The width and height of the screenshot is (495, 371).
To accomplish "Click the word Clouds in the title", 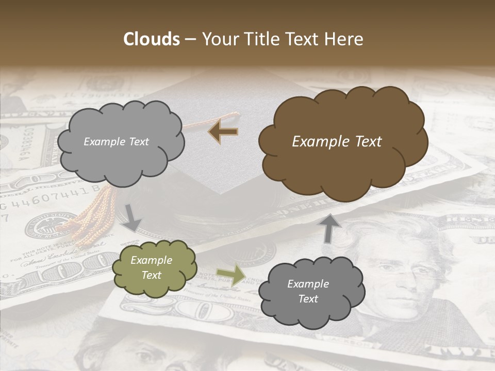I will pos(151,39).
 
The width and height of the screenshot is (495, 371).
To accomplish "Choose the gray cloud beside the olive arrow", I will pos(311,292).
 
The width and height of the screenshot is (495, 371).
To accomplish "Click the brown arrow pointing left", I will pos(223,131).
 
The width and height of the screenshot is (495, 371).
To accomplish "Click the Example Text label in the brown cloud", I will pos(337,142).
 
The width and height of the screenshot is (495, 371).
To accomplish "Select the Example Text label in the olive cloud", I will pos(152,268).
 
